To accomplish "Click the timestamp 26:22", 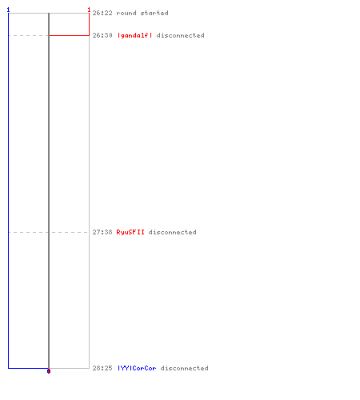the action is tap(102, 13).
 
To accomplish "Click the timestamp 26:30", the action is tap(102, 35).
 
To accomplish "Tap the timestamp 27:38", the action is tap(102, 232).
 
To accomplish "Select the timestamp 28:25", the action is tap(102, 368).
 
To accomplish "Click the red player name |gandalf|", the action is tap(134, 35).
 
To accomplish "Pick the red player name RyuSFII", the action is tap(130, 232).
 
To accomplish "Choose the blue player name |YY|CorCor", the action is tap(137, 368).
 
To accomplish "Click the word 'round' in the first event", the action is tap(126, 13).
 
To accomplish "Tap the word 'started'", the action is tap(154, 13).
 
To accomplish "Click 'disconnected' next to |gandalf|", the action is tap(181, 35).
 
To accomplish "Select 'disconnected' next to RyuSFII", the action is tap(173, 232).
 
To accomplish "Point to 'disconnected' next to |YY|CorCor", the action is tap(185, 368).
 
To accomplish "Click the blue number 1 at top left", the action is tap(8, 10).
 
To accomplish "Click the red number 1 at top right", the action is tap(89, 10).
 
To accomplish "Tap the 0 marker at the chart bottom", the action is tap(49, 371).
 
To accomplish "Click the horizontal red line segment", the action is tap(69, 35).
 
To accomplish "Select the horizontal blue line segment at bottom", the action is tap(28, 368).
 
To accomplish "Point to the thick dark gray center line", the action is tap(49, 190).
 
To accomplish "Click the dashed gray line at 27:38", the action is tap(48, 232).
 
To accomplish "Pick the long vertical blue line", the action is tap(9, 190).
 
